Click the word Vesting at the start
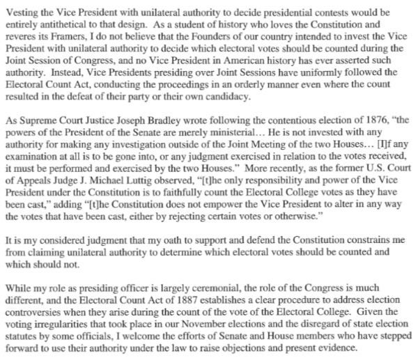click(x=22, y=8)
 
